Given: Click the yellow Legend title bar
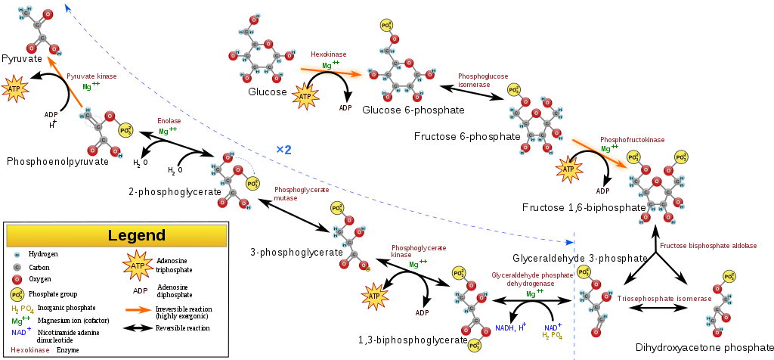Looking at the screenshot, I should click(x=116, y=235).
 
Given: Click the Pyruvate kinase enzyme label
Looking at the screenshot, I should click(x=91, y=76).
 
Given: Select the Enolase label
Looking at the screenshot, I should click(x=169, y=121).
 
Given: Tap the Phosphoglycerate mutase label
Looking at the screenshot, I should click(x=302, y=194).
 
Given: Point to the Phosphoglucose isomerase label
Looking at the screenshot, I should click(x=483, y=80).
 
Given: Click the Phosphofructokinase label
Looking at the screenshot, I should click(x=633, y=140).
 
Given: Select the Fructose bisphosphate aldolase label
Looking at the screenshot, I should click(x=707, y=246).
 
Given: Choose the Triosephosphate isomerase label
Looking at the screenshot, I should click(x=664, y=299).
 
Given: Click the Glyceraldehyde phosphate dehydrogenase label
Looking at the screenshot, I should click(x=532, y=279).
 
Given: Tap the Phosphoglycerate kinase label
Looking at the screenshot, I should click(x=419, y=251).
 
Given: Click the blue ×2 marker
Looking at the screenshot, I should click(x=283, y=150).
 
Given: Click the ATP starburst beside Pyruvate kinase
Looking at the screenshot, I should click(x=14, y=89).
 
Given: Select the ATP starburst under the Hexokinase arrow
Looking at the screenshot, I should click(x=305, y=97).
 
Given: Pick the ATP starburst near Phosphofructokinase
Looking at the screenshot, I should click(x=568, y=169).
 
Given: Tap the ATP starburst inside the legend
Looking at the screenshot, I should click(x=138, y=266).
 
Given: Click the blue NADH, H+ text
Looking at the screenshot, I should click(x=511, y=328).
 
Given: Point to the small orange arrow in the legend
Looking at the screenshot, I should click(x=138, y=309).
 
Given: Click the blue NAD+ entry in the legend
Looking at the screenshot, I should click(x=21, y=331).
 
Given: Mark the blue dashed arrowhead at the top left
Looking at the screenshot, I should click(x=67, y=8).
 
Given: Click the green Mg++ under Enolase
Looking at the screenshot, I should click(x=168, y=132).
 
